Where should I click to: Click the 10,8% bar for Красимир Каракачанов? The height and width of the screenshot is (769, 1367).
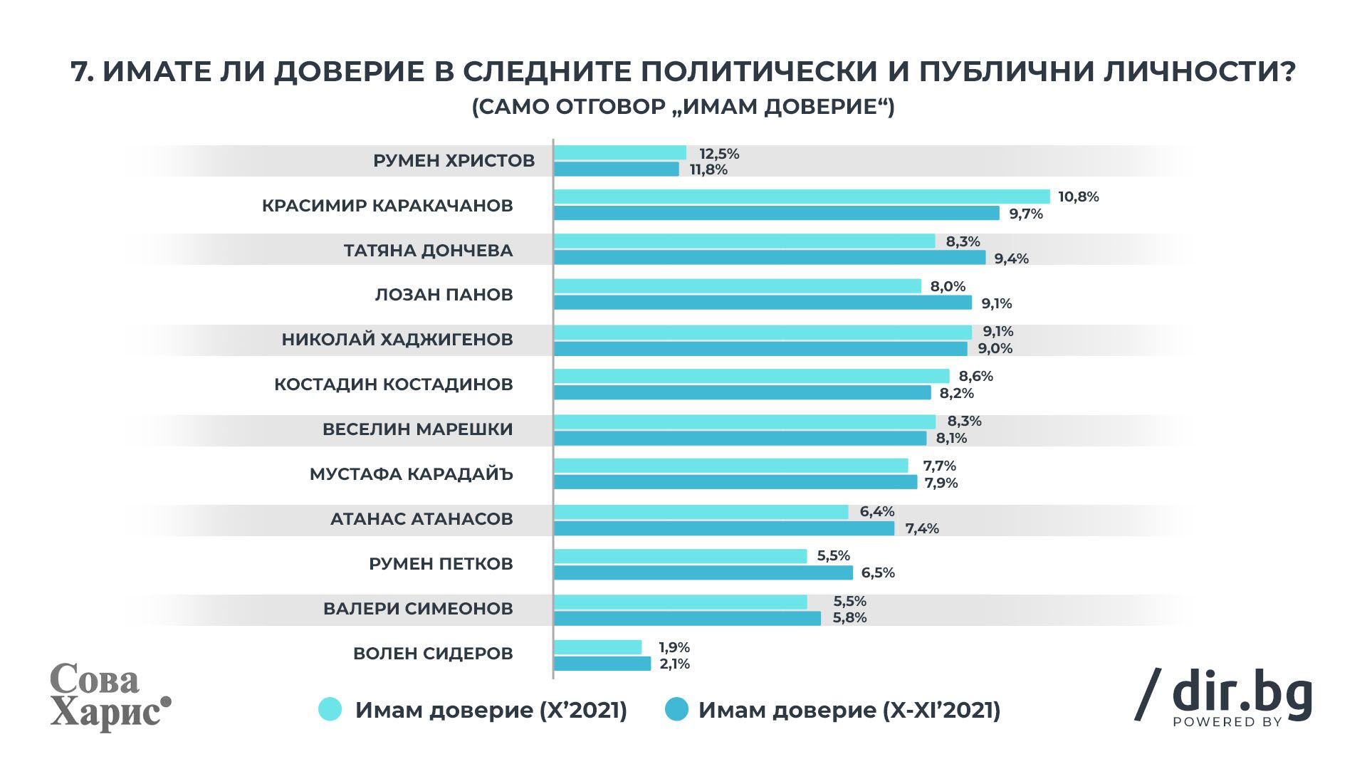tap(802, 197)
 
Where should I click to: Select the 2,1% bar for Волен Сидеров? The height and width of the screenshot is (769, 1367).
tap(602, 664)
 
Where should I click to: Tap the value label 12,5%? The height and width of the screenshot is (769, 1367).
tap(719, 154)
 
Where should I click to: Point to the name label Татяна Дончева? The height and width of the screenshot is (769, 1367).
tap(428, 251)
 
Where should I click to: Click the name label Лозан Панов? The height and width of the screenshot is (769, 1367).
tap(444, 295)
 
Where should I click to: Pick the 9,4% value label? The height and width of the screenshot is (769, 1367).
tap(1011, 258)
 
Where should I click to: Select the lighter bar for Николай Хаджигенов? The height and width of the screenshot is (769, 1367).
tap(763, 332)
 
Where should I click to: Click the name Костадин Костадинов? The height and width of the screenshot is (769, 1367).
tap(393, 384)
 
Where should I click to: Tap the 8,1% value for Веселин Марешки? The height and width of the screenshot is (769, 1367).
tap(951, 439)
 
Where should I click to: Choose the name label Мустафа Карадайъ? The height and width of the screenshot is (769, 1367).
tap(411, 474)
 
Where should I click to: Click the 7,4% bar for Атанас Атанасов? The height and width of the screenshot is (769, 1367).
tap(724, 528)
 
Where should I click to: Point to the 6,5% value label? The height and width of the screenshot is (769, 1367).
tap(878, 573)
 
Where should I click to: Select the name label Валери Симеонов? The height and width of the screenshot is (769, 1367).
tap(418, 609)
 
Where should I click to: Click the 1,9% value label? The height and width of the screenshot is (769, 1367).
tap(674, 648)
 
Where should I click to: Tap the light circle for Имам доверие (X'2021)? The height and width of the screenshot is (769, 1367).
tap(330, 710)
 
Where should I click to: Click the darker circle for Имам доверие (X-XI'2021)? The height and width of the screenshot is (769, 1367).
tap(676, 710)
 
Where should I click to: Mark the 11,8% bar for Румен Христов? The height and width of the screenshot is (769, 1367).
tap(617, 169)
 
